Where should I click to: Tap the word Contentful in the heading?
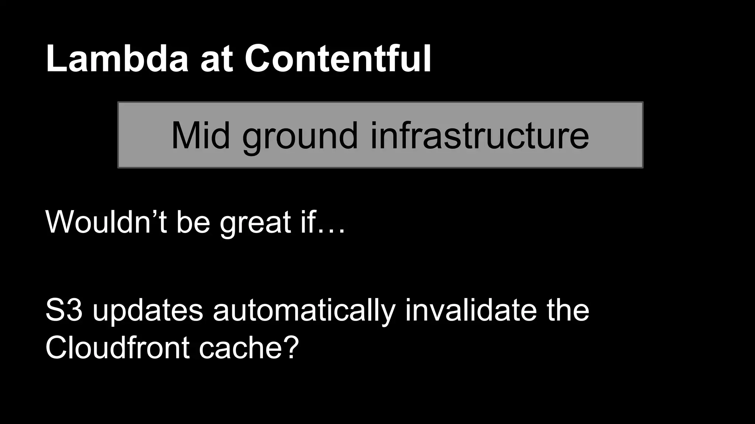click(338, 59)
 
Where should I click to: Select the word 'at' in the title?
click(217, 61)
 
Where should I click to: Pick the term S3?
click(64, 310)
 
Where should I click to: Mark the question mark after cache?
click(290, 347)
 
